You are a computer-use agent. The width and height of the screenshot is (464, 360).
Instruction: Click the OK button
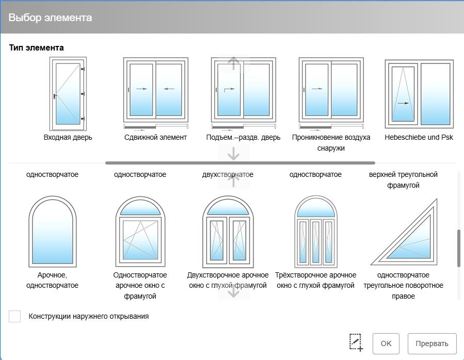pyautogui.click(x=386, y=343)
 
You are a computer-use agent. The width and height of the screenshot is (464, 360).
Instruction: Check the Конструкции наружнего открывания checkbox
pyautogui.click(x=15, y=316)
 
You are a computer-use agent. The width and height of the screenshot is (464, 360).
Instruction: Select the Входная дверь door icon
pyautogui.click(x=68, y=94)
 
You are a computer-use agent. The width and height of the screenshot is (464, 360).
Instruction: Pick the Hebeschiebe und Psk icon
pyautogui.click(x=419, y=94)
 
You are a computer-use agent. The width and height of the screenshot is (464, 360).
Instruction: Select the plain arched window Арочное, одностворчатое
pyautogui.click(x=52, y=232)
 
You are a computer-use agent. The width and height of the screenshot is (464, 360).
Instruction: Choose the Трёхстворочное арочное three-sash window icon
pyautogui.click(x=316, y=232)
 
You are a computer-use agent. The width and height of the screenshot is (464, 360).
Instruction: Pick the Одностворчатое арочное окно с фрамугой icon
pyautogui.click(x=140, y=232)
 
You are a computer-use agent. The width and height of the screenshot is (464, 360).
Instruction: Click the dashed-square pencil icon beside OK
pyautogui.click(x=356, y=343)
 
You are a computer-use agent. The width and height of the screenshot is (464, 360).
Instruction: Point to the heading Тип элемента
pyautogui.click(x=37, y=47)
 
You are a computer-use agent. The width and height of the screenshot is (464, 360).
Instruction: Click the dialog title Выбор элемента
pyautogui.click(x=50, y=18)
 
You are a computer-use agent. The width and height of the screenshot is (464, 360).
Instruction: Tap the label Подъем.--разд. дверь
pyautogui.click(x=243, y=137)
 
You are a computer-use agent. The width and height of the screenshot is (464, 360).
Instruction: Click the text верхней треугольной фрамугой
pyautogui.click(x=403, y=180)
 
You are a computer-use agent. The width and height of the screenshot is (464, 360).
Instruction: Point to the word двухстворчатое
pyautogui.click(x=228, y=174)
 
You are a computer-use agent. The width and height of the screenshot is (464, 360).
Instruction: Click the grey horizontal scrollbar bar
pyautogui.click(x=241, y=163)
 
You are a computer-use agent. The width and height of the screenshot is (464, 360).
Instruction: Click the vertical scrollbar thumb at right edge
pyautogui.click(x=459, y=248)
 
